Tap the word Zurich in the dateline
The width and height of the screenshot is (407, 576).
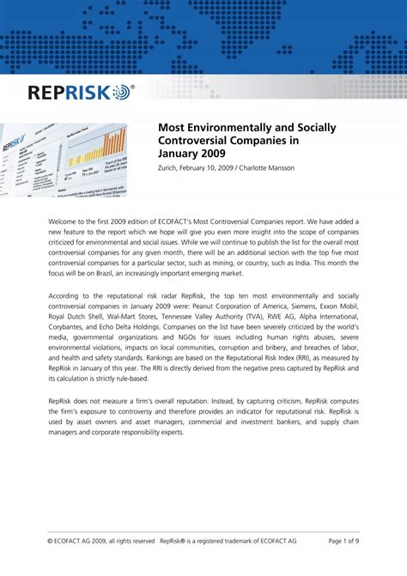pos(169,167)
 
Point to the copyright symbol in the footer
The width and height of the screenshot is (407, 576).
pos(52,542)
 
